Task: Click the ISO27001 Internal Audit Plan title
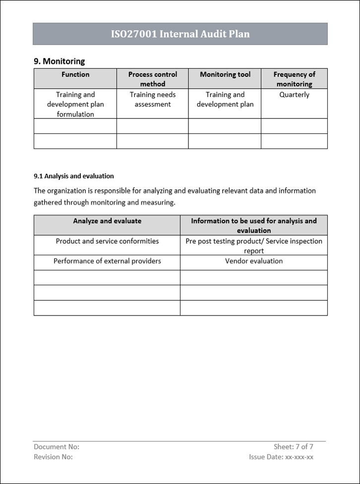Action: click(180, 34)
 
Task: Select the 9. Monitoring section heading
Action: click(59, 61)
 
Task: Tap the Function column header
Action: click(75, 75)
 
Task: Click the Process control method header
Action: click(152, 79)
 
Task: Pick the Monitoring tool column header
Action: click(225, 75)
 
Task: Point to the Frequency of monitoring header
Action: click(294, 79)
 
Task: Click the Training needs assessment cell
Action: click(152, 100)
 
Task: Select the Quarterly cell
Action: click(294, 95)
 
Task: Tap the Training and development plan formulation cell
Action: click(75, 104)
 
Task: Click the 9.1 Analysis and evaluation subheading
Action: click(74, 176)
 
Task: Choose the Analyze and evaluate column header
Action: click(107, 221)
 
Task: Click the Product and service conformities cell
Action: click(107, 241)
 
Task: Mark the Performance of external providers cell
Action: click(107, 261)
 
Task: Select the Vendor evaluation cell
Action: click(254, 261)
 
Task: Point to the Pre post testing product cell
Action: click(254, 246)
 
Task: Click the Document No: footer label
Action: click(57, 447)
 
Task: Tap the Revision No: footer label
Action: click(53, 457)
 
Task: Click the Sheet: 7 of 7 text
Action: click(294, 447)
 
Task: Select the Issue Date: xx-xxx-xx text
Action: click(281, 457)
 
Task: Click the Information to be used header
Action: click(254, 225)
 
